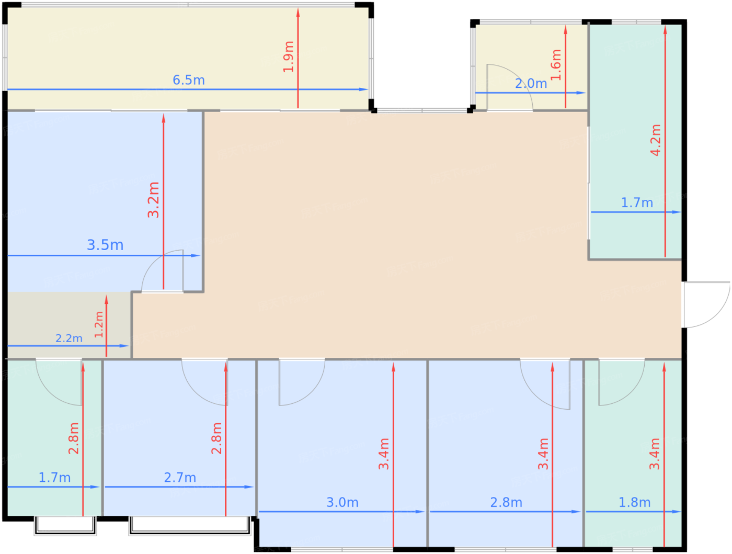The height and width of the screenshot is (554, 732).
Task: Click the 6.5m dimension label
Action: click(x=188, y=80)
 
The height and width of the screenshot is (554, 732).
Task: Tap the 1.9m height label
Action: click(x=289, y=56)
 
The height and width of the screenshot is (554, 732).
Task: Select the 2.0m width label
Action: click(x=531, y=83)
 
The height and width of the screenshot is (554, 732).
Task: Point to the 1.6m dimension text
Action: click(x=556, y=65)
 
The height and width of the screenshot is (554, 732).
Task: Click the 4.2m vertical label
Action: click(x=656, y=140)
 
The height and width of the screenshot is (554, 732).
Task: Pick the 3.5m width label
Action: click(x=105, y=245)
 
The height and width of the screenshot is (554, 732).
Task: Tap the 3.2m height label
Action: click(x=153, y=200)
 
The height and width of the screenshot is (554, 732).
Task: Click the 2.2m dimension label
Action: click(x=68, y=338)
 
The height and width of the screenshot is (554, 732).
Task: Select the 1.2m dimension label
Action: click(x=99, y=324)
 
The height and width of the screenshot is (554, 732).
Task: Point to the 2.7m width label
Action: click(x=180, y=478)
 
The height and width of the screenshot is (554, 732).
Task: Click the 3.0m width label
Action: click(x=342, y=502)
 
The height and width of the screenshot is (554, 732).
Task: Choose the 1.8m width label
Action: click(x=634, y=502)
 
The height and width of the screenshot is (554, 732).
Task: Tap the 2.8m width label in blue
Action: click(x=506, y=502)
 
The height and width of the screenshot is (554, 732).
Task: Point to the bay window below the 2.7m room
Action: click(x=190, y=526)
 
